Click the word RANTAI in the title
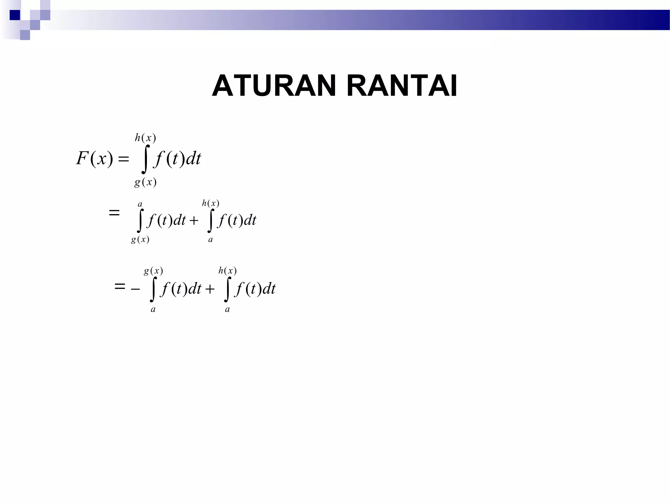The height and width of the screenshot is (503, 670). point(402,86)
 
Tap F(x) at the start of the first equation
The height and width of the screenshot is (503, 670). point(95,158)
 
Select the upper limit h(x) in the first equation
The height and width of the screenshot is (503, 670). point(146,138)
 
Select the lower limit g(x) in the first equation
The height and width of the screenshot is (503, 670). point(146,182)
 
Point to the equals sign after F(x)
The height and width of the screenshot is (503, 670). point(123,159)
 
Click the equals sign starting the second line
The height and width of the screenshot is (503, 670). point(114,213)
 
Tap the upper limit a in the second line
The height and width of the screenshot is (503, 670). point(140,205)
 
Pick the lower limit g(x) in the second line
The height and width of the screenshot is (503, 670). point(140,240)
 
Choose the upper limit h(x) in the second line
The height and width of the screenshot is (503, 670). point(211,203)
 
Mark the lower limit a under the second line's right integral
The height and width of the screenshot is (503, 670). point(210,240)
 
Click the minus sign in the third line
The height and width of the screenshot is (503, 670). point(135,289)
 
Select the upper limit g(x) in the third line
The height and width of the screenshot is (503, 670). point(153,271)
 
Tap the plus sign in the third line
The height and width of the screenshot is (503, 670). point(210,289)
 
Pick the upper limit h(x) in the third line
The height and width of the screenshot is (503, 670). point(228,271)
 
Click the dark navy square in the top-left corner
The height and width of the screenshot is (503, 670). point(15,15)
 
